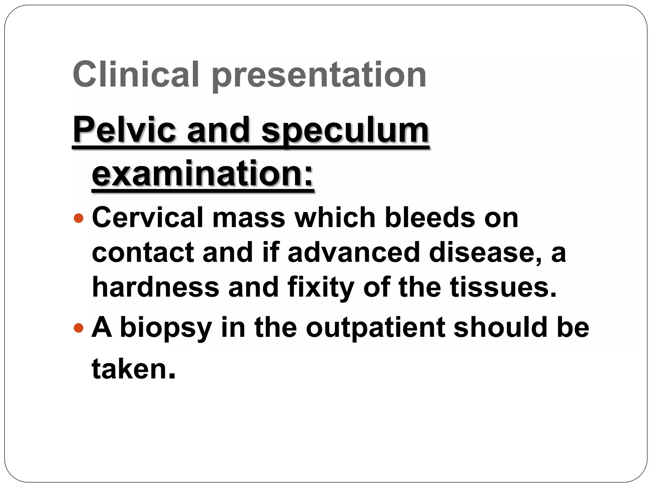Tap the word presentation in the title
click(319, 76)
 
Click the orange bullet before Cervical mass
click(78, 218)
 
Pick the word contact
click(143, 252)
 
